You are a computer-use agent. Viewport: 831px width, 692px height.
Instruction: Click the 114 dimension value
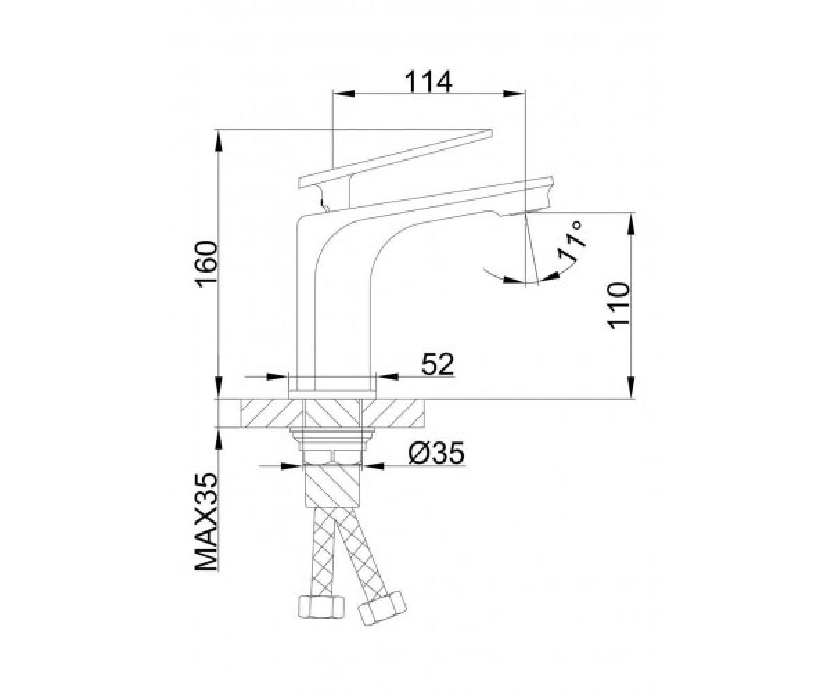pyautogui.click(x=429, y=82)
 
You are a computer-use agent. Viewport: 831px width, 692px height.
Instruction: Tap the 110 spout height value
pyautogui.click(x=619, y=306)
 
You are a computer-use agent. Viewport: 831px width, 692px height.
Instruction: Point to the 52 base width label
pyautogui.click(x=438, y=364)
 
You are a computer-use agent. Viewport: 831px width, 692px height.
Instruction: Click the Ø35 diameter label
pyautogui.click(x=436, y=453)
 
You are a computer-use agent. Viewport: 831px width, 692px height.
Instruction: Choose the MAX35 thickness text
pyautogui.click(x=207, y=522)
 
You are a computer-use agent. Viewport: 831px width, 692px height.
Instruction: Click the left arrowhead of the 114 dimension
pyautogui.click(x=343, y=94)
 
